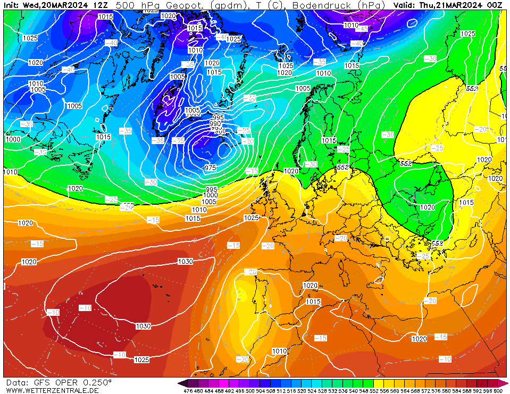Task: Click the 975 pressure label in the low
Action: [211, 168]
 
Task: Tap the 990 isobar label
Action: [215, 123]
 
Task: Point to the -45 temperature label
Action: [364, 29]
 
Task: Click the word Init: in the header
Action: [12, 5]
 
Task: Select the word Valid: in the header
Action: [405, 5]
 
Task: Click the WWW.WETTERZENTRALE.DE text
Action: [52, 390]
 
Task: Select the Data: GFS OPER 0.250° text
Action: [58, 382]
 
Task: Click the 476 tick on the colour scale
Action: [188, 391]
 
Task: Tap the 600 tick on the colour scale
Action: [497, 391]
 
